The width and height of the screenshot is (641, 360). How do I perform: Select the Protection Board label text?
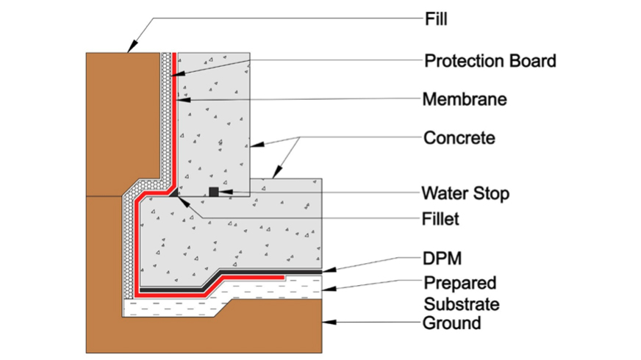click(490, 60)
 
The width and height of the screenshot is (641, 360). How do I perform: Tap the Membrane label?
click(464, 98)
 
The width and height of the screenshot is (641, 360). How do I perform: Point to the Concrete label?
click(459, 137)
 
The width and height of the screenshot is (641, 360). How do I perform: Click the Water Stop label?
click(465, 193)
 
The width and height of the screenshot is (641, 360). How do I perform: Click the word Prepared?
click(460, 283)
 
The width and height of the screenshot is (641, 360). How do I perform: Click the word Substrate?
click(462, 303)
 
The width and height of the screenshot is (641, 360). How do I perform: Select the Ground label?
click(452, 323)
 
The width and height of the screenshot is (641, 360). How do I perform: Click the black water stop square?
click(214, 192)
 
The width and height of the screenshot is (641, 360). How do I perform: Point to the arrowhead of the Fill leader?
click(129, 48)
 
